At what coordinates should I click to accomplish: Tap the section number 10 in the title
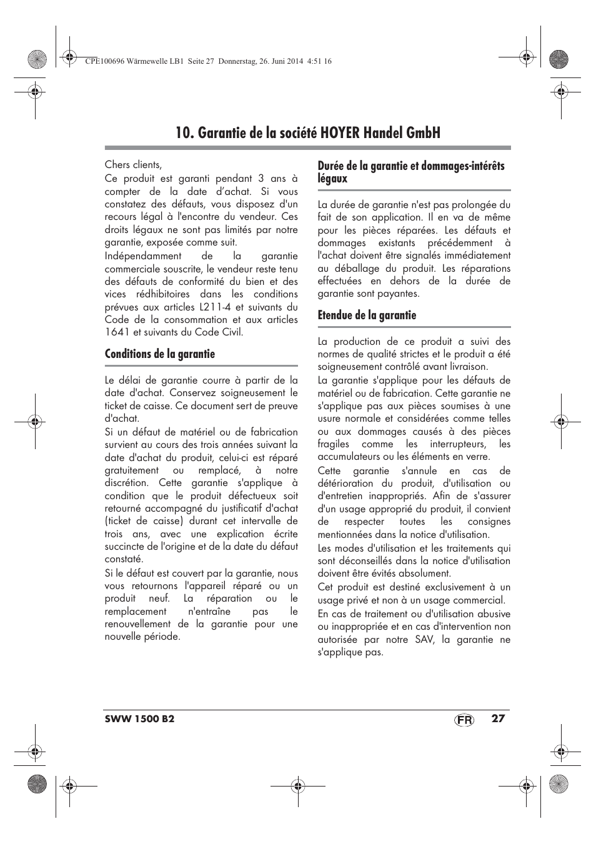tap(182, 132)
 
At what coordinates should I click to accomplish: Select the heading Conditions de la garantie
tap(159, 354)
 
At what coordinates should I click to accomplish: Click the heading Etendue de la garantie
tap(367, 315)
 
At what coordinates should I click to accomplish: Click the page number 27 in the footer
tap(497, 718)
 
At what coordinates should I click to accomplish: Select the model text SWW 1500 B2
tap(139, 718)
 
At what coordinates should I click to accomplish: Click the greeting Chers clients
tap(133, 165)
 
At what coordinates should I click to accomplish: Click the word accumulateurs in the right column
tap(348, 457)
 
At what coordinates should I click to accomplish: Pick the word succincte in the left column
tap(124, 547)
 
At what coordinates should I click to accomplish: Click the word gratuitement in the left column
tap(132, 470)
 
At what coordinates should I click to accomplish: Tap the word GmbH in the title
tap(422, 132)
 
